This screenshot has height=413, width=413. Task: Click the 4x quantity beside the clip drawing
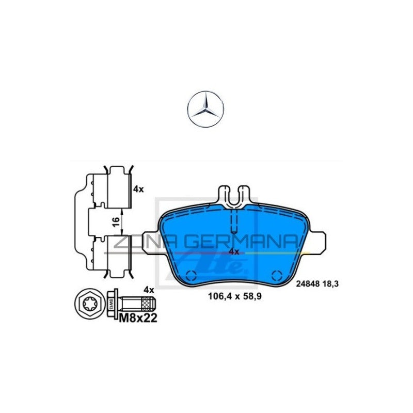tap(138, 189)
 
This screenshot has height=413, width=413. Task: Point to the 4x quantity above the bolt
tap(149, 290)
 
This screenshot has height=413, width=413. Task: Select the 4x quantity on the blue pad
tap(234, 251)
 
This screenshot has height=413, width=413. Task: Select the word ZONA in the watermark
tap(137, 242)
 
